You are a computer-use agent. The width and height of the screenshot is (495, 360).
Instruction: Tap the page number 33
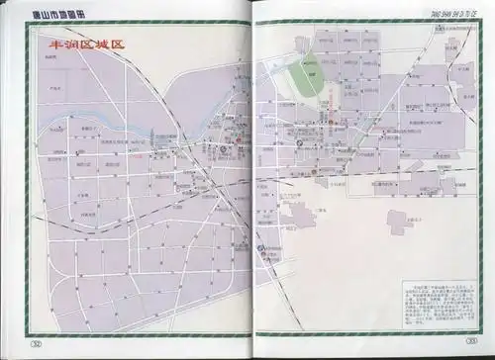[x=458, y=343]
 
